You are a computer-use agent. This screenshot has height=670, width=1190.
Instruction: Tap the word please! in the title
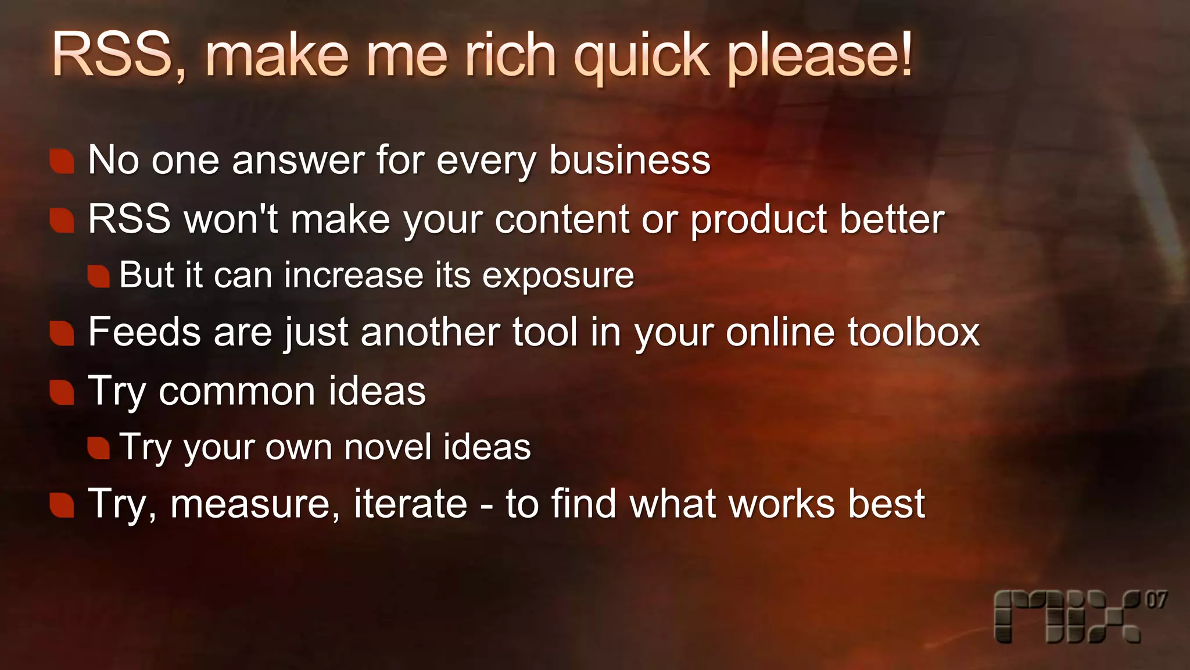[x=820, y=56]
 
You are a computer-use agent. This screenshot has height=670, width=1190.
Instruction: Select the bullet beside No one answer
[x=62, y=161]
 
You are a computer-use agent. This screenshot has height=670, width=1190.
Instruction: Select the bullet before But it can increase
[x=99, y=276]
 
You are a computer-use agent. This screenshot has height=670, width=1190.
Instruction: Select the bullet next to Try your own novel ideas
[x=99, y=448]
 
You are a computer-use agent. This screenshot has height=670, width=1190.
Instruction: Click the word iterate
[x=410, y=504]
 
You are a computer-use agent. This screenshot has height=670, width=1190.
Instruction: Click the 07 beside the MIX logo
[x=1156, y=600]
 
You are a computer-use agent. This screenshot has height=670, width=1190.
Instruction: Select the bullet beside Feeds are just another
[x=62, y=333]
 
